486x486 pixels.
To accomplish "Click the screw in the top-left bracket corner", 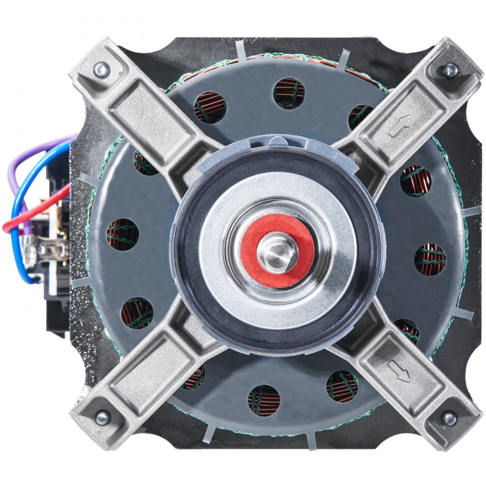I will pos(102,71).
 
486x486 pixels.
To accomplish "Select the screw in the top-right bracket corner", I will pos(450,70).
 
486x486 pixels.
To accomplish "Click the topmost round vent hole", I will pos(289,93).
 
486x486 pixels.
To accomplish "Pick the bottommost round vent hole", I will pos(264,400).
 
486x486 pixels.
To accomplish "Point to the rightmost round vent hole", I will pos(430,260).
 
